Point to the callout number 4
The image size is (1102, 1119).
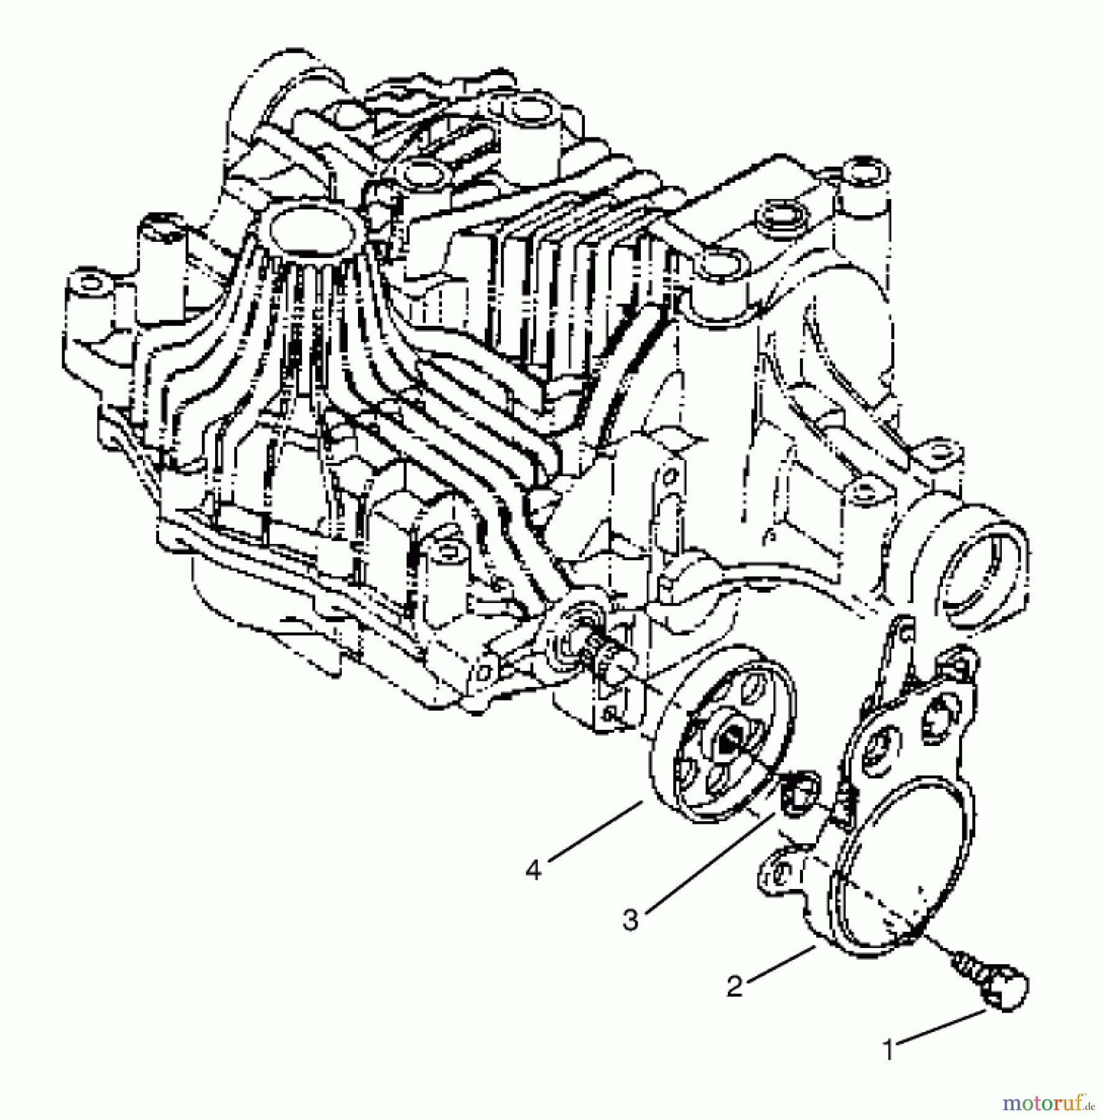tap(534, 870)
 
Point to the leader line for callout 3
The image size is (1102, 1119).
tap(709, 864)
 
